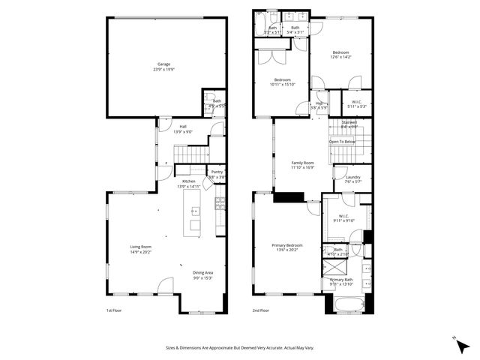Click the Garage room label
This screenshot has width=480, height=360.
[167, 67]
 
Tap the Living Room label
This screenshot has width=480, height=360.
[141, 249]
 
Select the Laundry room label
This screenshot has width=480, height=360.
[352, 179]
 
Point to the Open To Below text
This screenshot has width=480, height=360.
[341, 141]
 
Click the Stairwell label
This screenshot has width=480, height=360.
[349, 124]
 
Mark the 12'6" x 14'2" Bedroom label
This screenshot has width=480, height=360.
[341, 54]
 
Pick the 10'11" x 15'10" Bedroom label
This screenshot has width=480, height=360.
[283, 82]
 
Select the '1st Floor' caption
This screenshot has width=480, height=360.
[114, 309]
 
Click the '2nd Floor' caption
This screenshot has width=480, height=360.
[261, 309]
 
